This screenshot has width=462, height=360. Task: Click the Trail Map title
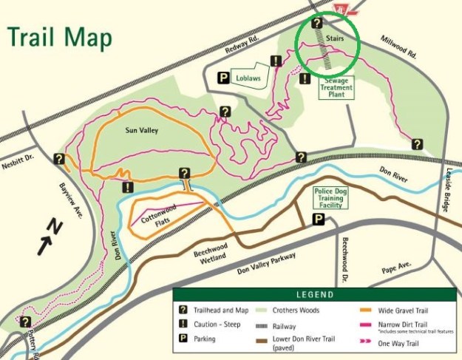[x=60, y=37]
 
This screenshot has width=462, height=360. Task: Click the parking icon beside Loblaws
[x=222, y=77]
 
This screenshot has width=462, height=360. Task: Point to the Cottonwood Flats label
[x=156, y=212]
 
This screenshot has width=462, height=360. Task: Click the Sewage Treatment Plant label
[x=336, y=88]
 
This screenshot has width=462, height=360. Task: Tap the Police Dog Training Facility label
[x=330, y=197]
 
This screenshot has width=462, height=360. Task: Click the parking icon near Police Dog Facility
[x=317, y=219]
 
